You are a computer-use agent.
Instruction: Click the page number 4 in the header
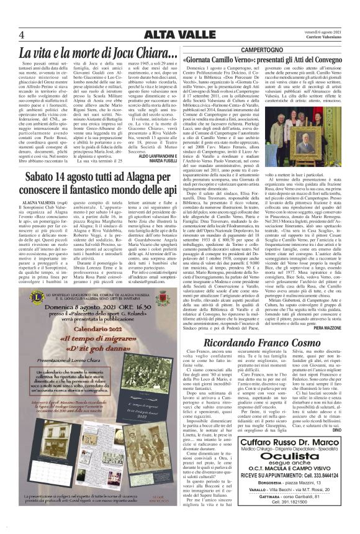pyautogui.click(x=22, y=34)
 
